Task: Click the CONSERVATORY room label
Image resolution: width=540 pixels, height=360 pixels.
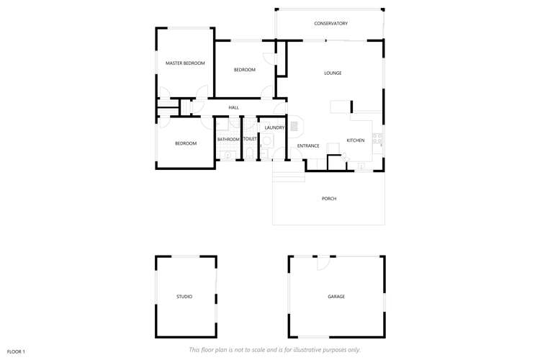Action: [x=330, y=24]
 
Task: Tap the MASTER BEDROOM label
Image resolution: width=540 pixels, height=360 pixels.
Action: [x=185, y=63]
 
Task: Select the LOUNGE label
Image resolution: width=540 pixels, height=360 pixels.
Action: [x=333, y=73]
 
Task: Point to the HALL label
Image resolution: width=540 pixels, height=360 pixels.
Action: [x=233, y=108]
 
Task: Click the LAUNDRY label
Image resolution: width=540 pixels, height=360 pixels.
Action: [x=274, y=127]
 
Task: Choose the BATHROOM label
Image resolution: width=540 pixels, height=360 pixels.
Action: [x=228, y=139]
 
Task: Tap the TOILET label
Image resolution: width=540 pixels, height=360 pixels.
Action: [x=250, y=139]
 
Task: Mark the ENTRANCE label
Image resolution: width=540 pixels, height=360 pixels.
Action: [x=308, y=146]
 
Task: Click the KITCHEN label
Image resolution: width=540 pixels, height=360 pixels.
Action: [x=356, y=140]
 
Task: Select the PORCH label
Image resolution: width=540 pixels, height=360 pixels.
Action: [x=329, y=199]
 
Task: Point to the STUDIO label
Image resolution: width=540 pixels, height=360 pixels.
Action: [x=184, y=297]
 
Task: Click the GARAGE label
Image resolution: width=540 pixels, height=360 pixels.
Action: [x=336, y=297]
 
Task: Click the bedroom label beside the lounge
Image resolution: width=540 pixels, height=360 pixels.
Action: [x=245, y=70]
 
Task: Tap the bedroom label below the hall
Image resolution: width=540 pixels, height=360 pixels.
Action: [x=186, y=143]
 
